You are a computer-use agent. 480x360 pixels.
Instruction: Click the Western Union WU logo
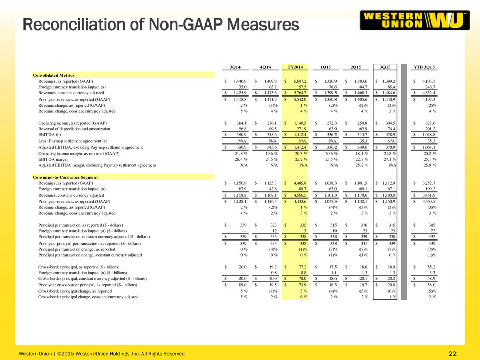[x=415, y=20]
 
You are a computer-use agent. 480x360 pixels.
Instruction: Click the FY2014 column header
[x=296, y=67]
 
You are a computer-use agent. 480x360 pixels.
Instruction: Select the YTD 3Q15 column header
[x=424, y=67]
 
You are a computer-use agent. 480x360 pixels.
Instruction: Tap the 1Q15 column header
[x=325, y=67]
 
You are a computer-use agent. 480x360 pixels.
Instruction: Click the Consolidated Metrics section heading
[x=54, y=75]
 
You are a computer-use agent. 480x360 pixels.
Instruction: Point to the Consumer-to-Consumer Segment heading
[x=65, y=177]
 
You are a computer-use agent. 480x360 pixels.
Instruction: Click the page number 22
[x=452, y=354]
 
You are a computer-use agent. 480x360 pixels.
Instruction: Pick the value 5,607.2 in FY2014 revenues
[x=300, y=81]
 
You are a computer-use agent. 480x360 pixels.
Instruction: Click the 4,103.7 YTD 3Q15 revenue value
[x=428, y=81]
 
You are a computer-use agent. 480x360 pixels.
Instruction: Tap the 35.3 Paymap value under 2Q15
[x=364, y=141]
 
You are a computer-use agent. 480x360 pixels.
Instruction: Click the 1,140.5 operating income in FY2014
[x=300, y=123]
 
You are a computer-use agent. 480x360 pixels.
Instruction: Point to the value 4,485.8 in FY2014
[x=300, y=183]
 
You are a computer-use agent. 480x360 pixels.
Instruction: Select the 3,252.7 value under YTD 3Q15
[x=428, y=183]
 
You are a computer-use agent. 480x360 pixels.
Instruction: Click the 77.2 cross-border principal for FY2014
[x=302, y=267]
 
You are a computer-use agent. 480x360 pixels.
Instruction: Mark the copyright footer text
[x=102, y=354]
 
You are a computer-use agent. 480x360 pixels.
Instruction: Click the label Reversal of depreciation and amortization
[x=74, y=129]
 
